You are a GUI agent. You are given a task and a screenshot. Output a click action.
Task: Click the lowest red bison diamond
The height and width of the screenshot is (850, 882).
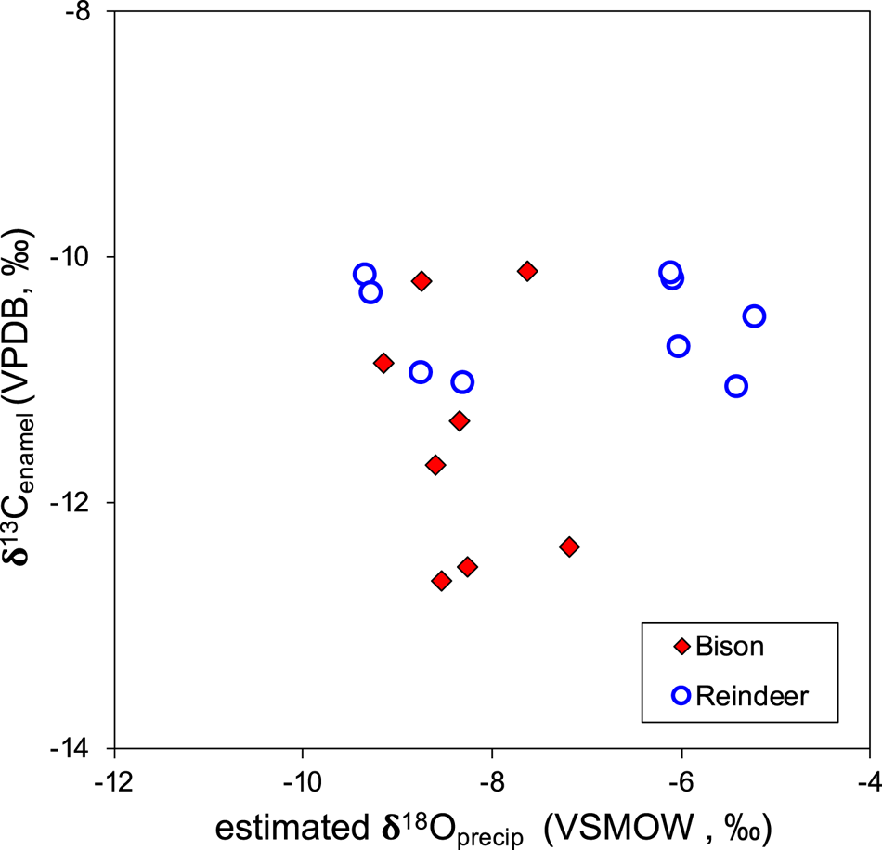(x=442, y=581)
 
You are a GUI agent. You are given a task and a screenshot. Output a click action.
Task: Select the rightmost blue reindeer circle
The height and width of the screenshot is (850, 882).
(x=754, y=316)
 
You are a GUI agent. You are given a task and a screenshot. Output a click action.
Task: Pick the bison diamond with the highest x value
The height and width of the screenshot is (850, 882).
(x=569, y=547)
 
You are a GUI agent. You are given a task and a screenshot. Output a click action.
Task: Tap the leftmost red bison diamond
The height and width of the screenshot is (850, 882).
(x=383, y=363)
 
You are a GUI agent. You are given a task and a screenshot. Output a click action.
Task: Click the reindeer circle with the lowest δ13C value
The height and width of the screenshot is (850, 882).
(x=736, y=386)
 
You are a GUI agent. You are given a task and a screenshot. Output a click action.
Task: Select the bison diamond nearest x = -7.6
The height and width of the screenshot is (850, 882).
(x=527, y=271)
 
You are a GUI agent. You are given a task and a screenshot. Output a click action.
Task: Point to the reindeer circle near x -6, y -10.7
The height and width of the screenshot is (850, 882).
(x=678, y=346)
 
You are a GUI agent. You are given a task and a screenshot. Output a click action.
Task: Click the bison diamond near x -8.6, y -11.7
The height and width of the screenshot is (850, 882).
(x=435, y=465)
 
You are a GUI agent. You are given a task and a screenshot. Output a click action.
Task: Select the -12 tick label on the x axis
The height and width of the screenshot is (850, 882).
(x=113, y=778)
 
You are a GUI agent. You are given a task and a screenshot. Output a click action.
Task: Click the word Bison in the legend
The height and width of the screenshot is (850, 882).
(x=731, y=647)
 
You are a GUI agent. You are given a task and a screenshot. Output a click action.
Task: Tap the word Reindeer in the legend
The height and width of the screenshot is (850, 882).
(x=753, y=695)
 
